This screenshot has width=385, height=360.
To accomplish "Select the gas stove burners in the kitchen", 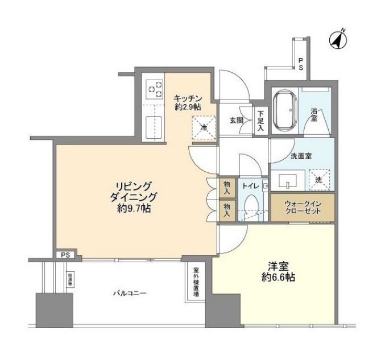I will pos(154,88).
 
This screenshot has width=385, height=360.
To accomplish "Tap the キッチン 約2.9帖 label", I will pos(187,101).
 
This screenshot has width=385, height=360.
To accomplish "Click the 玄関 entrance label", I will pos(237,121).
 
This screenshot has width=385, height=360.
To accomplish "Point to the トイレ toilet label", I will pos(250,186).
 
